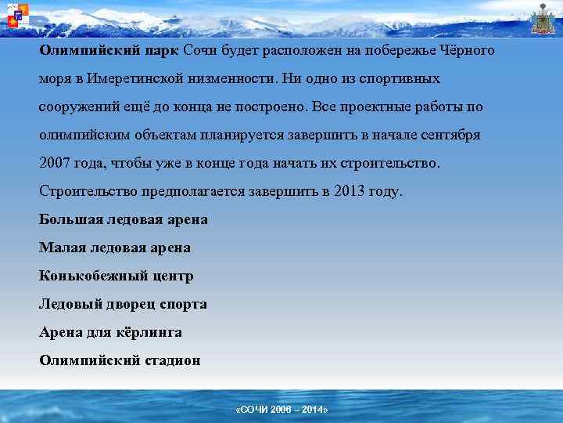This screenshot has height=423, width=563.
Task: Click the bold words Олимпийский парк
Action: pyautogui.click(x=109, y=51)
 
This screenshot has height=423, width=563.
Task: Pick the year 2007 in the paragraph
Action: pyautogui.click(x=56, y=164)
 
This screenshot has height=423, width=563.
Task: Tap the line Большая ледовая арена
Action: pyautogui.click(x=124, y=219)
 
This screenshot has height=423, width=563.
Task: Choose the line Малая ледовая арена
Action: pyautogui.click(x=115, y=248)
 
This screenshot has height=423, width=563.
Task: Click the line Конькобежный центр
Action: pyautogui.click(x=117, y=276)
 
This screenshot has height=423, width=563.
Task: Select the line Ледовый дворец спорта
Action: pyautogui.click(x=123, y=304)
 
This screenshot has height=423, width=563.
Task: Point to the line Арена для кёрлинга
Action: pyautogui.click(x=110, y=332)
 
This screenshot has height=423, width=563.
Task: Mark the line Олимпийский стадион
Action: pyautogui.click(x=120, y=360)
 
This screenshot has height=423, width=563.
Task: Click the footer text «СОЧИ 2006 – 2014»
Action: pyautogui.click(x=281, y=410)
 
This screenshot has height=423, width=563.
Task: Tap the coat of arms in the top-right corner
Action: pyautogui.click(x=541, y=18)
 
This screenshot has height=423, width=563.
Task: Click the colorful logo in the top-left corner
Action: pyautogui.click(x=18, y=16)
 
